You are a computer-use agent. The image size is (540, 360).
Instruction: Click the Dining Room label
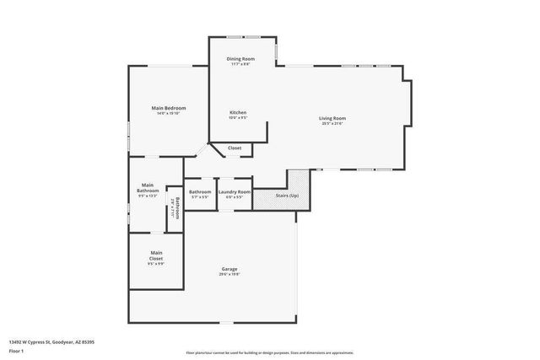coord(241,58)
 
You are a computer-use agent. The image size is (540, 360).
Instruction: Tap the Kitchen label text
coord(238,112)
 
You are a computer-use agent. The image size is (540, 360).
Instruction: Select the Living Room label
coord(333,117)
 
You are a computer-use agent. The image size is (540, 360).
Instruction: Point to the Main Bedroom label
coord(169,108)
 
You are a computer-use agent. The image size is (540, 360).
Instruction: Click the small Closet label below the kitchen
coord(235,148)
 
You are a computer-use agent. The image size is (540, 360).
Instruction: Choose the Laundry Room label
coord(235,192)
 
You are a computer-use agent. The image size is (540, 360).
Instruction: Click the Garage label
coord(229,268)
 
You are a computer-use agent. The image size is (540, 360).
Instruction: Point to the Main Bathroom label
coord(148,186)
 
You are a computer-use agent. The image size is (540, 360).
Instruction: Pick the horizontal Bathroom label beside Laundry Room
coord(200,192)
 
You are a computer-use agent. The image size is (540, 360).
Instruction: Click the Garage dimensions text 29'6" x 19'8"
coord(229,274)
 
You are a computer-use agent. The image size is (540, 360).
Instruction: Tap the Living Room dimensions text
coord(333,123)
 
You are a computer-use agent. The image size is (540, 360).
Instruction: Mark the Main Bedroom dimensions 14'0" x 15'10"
coord(169,114)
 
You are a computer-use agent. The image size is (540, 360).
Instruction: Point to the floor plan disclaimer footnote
coord(270,352)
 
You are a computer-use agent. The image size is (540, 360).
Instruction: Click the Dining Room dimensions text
coord(241,64)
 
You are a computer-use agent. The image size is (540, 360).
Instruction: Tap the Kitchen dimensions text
coord(238,118)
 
